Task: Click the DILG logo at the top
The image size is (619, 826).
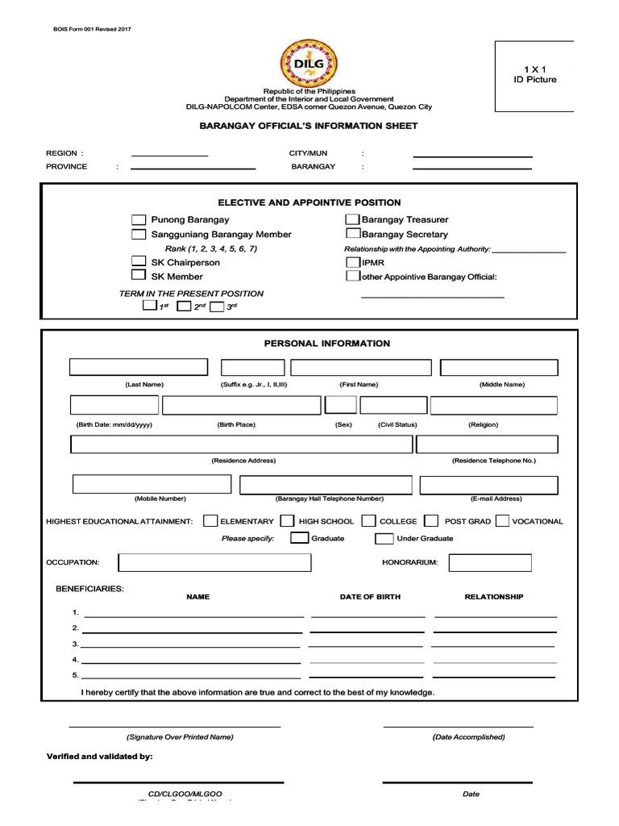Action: pos(309,63)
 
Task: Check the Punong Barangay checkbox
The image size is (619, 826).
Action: pos(139,220)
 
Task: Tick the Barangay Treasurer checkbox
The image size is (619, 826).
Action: pos(352,220)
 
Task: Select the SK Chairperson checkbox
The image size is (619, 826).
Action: pos(139,262)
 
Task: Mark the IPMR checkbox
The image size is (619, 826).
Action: pos(352,262)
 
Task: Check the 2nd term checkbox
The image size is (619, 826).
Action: pos(184,307)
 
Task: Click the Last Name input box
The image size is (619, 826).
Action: pos(138,368)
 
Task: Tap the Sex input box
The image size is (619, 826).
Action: pos(341,405)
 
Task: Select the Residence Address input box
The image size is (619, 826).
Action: pos(241,444)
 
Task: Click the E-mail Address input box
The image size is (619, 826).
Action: pos(488,485)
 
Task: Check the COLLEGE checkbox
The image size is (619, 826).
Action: pos(369,521)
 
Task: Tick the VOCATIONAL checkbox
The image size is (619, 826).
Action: pos(502,521)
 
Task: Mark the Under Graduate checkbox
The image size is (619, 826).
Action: pos(384,538)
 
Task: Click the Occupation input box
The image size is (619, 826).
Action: pos(214,562)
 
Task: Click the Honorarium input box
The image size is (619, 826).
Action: pos(490,562)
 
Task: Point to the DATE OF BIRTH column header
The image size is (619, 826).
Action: pos(370,597)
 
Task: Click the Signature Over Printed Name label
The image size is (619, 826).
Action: pos(180,737)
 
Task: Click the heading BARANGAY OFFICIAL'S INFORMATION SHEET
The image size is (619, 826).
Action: pos(309,126)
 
